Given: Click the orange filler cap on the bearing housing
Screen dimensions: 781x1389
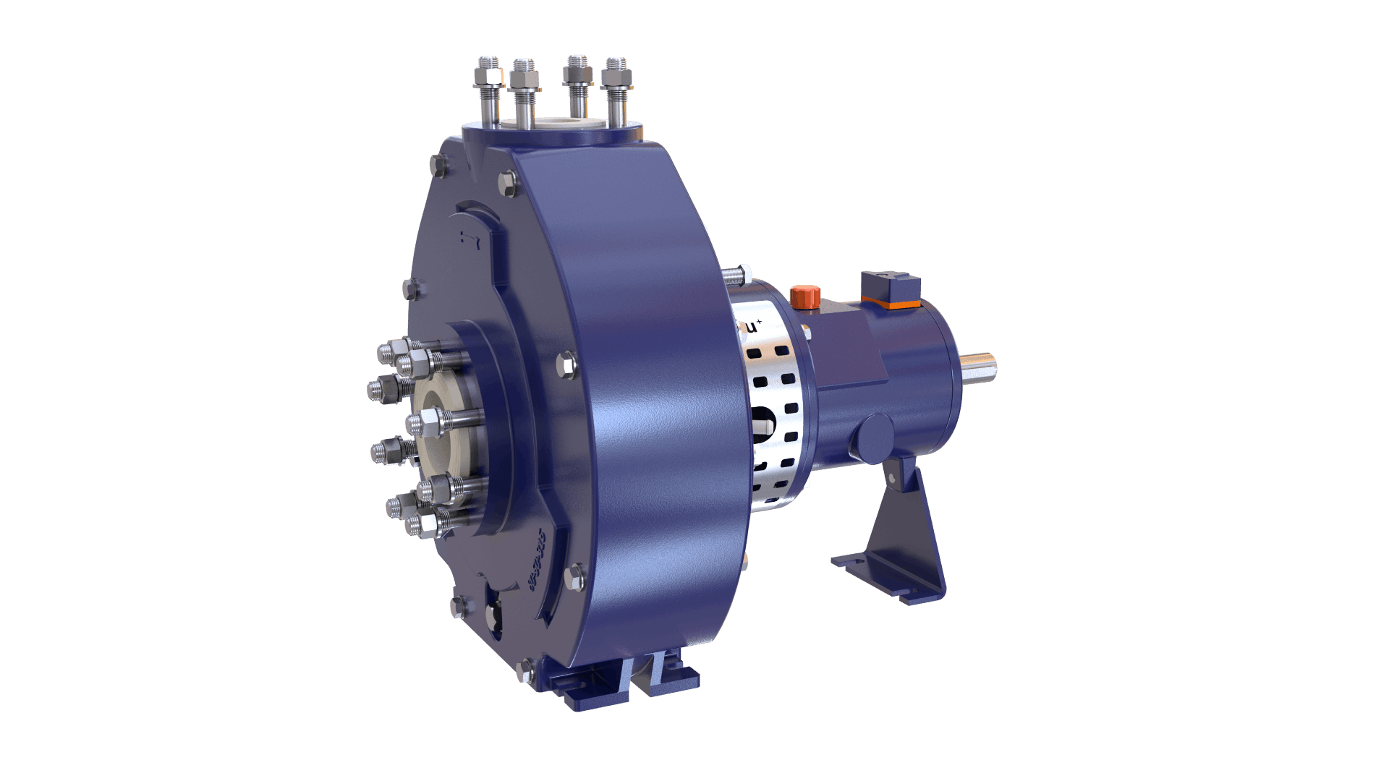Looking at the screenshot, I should click(804, 296).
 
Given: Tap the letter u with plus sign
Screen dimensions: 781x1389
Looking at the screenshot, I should click(753, 328).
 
